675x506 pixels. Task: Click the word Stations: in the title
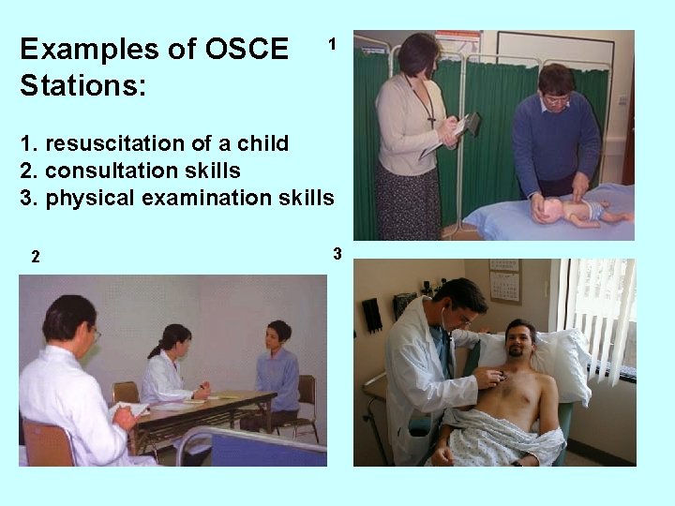[x=83, y=87]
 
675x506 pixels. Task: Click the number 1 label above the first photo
[x=331, y=43]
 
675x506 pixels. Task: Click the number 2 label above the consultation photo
[x=35, y=256]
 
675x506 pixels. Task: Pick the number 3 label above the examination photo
[x=337, y=253]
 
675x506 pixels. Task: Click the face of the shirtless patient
[x=520, y=339]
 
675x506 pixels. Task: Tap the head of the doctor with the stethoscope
[x=463, y=302]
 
